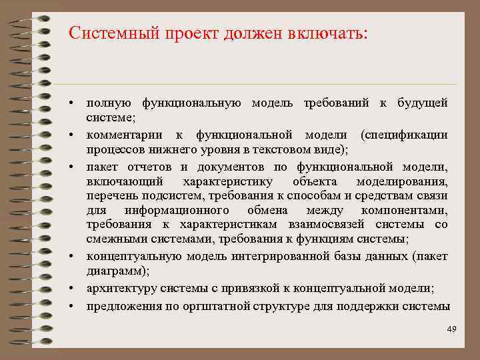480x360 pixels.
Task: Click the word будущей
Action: tap(423, 104)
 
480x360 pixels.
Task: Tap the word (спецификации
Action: tap(403, 135)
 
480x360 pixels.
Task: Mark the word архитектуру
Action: tap(119, 288)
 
